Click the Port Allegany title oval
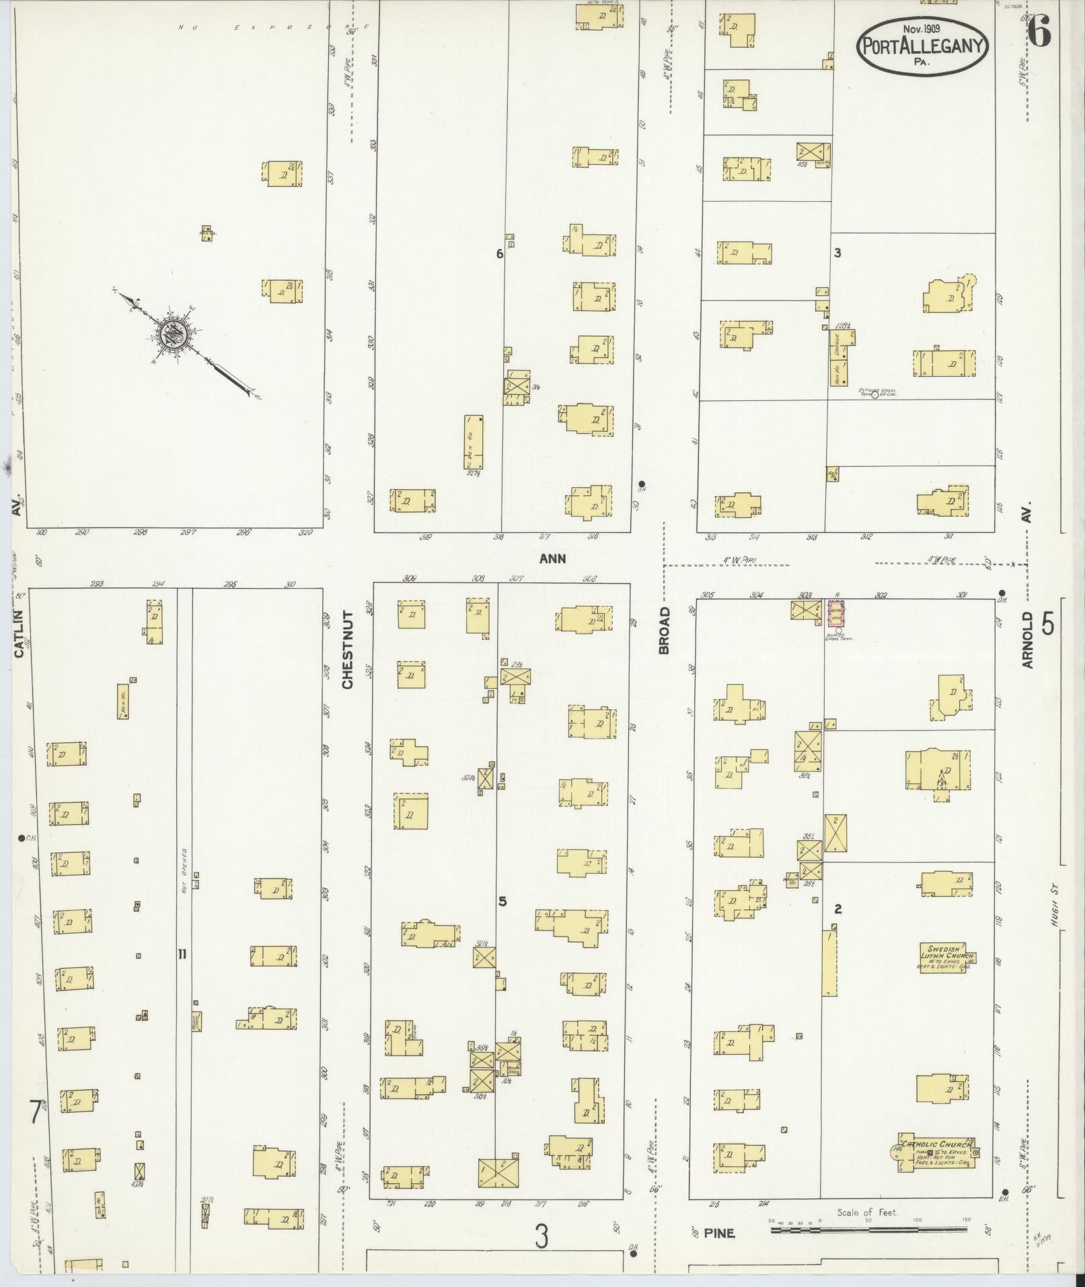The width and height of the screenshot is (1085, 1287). pyautogui.click(x=922, y=45)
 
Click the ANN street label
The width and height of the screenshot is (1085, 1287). pyautogui.click(x=552, y=558)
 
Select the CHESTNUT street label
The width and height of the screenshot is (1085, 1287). pyautogui.click(x=347, y=649)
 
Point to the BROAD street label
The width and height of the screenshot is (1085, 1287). pyautogui.click(x=665, y=630)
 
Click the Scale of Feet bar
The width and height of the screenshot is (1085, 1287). pyautogui.click(x=868, y=1230)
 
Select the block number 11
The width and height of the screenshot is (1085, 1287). pyautogui.click(x=182, y=953)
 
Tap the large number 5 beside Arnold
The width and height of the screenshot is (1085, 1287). pyautogui.click(x=1048, y=625)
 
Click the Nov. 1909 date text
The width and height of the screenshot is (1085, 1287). pyautogui.click(x=922, y=29)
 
